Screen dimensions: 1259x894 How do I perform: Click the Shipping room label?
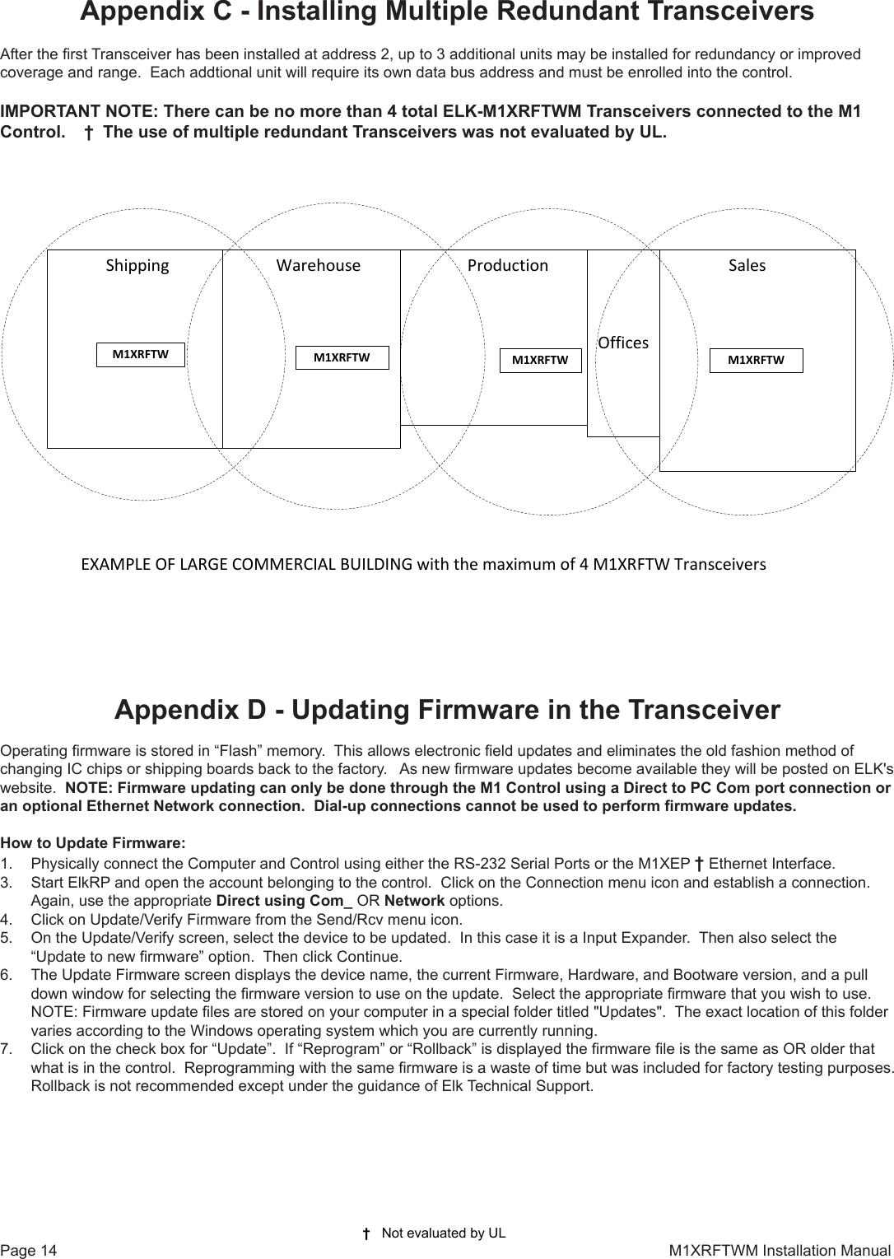[137, 265]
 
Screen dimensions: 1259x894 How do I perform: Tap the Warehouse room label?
[318, 265]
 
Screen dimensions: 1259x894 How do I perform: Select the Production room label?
[507, 265]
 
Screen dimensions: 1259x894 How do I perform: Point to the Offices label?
[623, 343]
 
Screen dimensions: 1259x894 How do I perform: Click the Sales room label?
[747, 265]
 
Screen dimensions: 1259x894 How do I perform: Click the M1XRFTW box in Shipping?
[141, 355]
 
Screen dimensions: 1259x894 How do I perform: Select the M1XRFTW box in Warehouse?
[342, 357]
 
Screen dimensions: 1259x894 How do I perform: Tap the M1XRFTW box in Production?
[540, 360]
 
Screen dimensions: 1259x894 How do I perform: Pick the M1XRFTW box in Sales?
[756, 360]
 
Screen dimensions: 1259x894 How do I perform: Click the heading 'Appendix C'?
[446, 12]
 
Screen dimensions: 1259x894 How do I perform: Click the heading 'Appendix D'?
[447, 710]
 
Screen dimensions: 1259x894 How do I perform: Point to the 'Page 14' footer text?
[29, 1251]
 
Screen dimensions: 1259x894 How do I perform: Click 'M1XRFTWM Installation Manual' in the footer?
[779, 1251]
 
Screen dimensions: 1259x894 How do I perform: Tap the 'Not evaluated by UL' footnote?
[443, 1233]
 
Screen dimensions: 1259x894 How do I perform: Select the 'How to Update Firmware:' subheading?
[93, 843]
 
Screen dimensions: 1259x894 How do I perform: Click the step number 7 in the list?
[7, 1049]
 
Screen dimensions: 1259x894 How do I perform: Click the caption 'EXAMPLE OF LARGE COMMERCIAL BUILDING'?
[247, 565]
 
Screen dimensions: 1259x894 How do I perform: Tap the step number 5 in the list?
[7, 937]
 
